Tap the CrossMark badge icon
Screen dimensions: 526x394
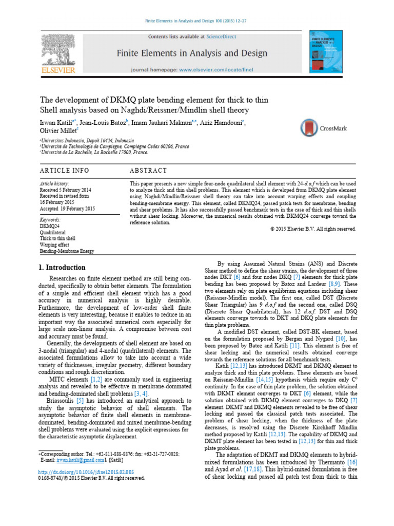(x=309, y=127)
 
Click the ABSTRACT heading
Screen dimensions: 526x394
(x=148, y=170)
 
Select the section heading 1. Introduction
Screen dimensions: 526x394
(x=62, y=268)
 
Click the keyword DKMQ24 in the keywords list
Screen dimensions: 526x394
(x=49, y=226)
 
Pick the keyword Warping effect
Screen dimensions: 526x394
(x=55, y=245)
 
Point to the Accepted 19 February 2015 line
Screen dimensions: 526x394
(x=68, y=208)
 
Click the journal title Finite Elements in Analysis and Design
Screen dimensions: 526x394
(x=192, y=53)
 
